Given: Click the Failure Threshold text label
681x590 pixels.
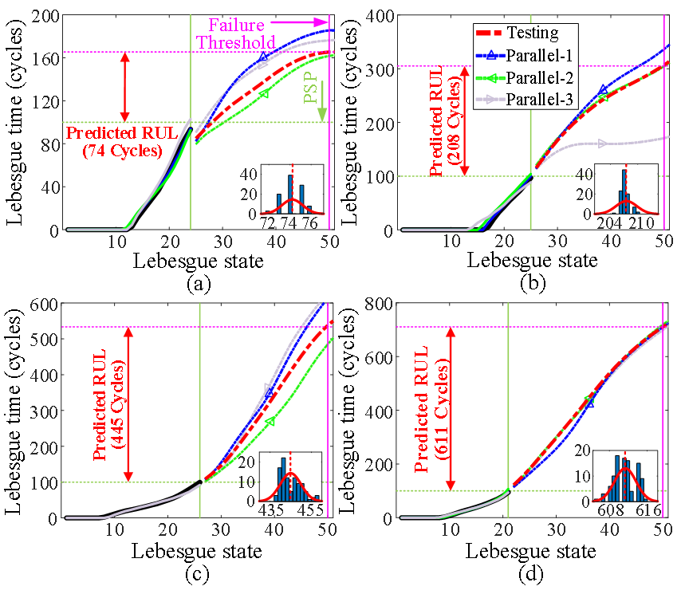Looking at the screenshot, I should click(236, 33).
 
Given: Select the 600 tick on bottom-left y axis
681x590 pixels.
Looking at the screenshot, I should click(49, 304).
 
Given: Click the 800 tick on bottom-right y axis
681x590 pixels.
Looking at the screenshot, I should click(381, 304).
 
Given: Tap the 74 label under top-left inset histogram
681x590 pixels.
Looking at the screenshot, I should click(290, 224).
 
